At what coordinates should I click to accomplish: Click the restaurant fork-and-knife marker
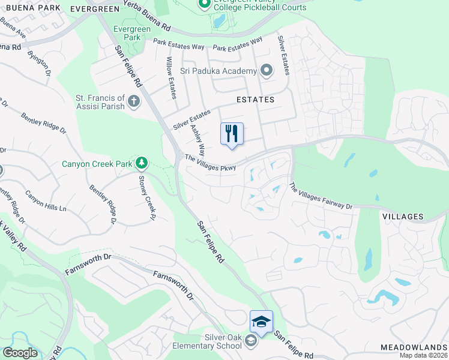coord(232,134)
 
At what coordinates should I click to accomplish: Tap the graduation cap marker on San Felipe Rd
coord(261,322)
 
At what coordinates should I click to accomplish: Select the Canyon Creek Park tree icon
coord(141,163)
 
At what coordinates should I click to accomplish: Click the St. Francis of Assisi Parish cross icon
coord(134,101)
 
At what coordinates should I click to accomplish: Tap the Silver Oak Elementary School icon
coord(251,341)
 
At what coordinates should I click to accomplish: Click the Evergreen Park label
coord(127,32)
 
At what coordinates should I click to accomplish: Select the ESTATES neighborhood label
coord(255,100)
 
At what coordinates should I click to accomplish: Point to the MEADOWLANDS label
coord(414,348)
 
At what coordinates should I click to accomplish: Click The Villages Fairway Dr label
coord(321,196)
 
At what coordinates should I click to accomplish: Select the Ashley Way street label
coord(198,139)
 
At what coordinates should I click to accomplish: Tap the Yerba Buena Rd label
coord(147,15)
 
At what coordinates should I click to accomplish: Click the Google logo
coord(20,353)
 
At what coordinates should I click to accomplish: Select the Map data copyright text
coord(424,355)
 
